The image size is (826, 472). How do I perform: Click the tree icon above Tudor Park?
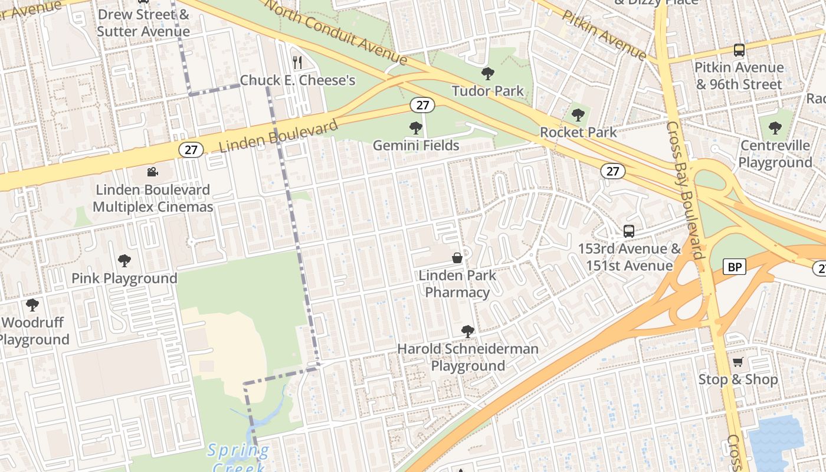click(487, 74)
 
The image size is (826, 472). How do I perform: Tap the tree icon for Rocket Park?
click(578, 115)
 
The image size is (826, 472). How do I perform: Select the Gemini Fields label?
click(416, 145)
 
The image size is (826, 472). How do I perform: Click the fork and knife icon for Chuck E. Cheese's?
click(298, 62)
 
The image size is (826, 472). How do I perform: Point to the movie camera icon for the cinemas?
click(152, 172)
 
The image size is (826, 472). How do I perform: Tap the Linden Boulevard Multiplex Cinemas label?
click(153, 198)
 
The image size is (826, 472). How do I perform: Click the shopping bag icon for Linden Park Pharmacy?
click(457, 258)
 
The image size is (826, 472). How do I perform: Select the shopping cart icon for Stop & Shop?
click(737, 362)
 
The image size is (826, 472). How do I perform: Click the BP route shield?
click(735, 267)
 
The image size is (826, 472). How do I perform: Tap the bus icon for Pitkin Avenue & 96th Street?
click(739, 50)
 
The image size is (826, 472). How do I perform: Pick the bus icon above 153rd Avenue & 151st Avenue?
click(629, 231)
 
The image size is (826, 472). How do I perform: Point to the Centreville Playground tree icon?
click(775, 127)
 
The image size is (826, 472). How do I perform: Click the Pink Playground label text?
click(124, 278)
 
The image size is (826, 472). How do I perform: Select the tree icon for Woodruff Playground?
click(32, 305)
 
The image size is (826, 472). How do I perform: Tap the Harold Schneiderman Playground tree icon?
click(468, 332)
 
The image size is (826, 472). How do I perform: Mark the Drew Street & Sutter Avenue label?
click(143, 22)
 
